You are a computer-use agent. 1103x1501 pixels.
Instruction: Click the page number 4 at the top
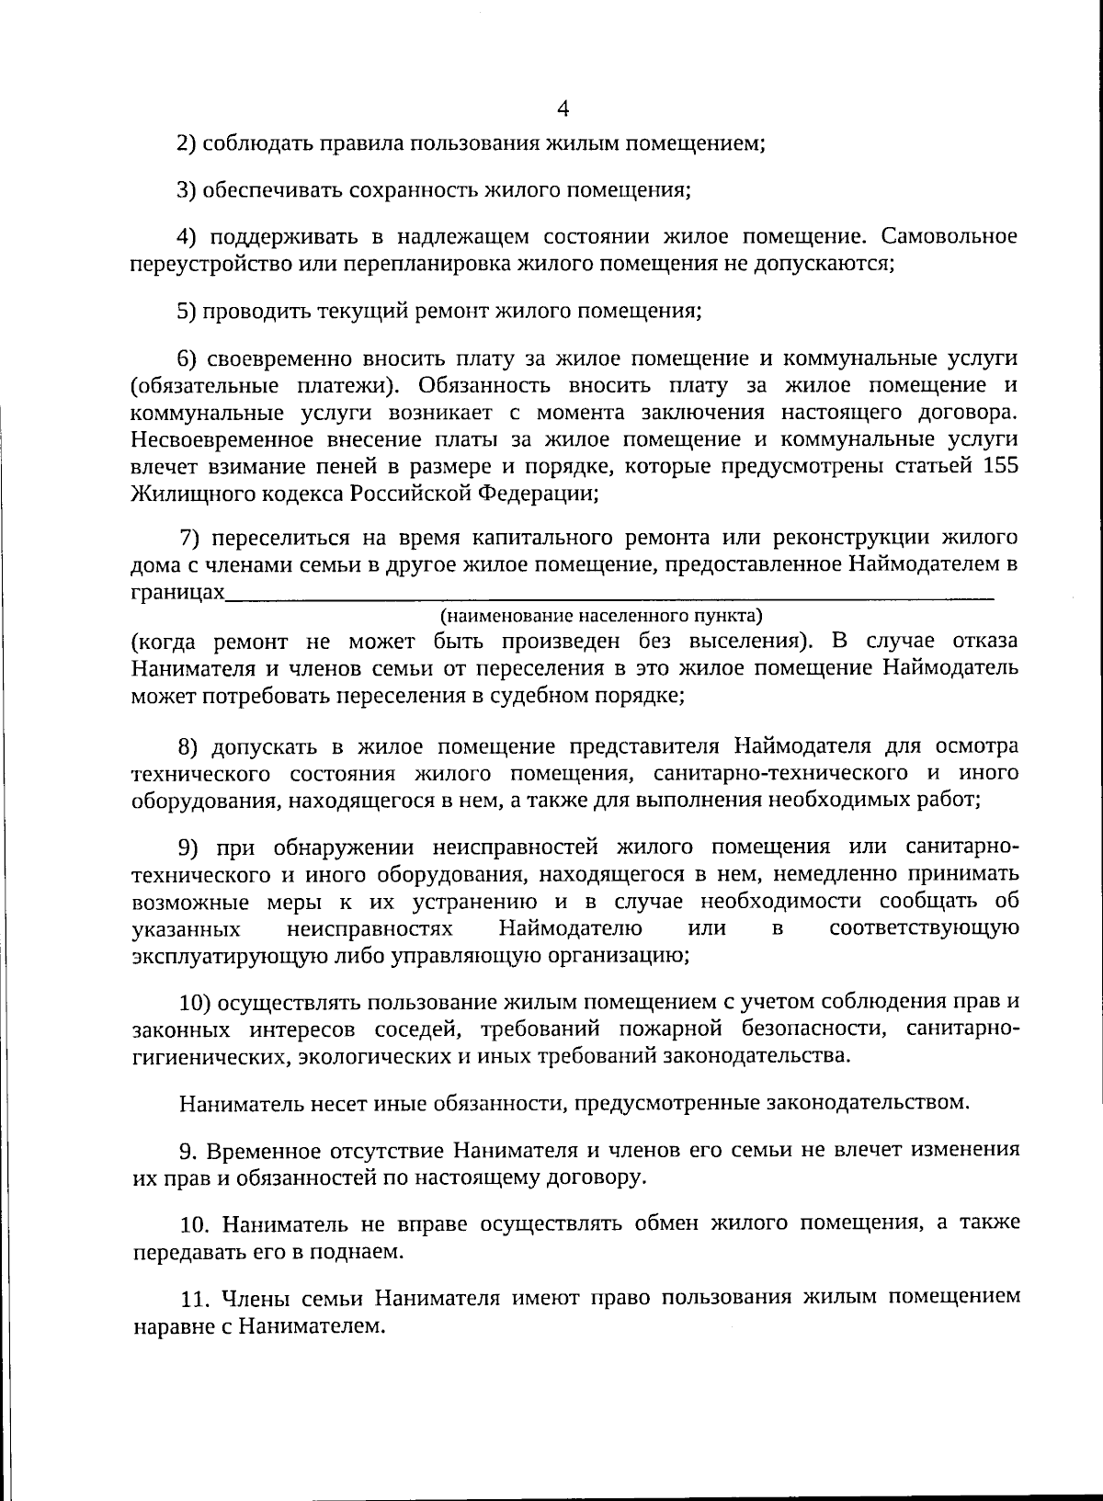click(563, 109)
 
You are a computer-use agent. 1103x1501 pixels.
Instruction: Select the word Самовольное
click(949, 236)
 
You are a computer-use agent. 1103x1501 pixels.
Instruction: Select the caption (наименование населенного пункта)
click(602, 615)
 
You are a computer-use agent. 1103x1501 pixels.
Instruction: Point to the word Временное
click(256, 1150)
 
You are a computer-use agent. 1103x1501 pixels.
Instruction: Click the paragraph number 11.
click(191, 1298)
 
